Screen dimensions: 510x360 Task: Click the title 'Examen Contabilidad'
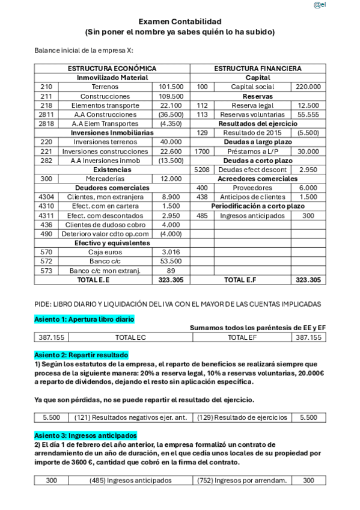coord(180,21)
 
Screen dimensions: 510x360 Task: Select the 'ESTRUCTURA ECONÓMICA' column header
coord(112,69)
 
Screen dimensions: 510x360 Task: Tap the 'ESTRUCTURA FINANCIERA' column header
coord(258,69)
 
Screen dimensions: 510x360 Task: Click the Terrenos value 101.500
coord(171,87)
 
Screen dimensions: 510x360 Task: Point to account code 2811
coord(46,114)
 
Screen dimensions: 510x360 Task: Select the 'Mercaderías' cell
coord(105,179)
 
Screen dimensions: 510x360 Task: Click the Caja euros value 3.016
coord(171,252)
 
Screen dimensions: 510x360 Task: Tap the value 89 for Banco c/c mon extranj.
coord(171,271)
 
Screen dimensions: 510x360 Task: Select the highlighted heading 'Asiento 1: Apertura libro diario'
coord(84,319)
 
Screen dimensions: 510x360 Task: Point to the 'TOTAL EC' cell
coord(130,337)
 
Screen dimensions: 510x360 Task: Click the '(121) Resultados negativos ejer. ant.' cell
coord(130,417)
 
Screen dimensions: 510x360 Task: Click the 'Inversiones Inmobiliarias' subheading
coord(112,132)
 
